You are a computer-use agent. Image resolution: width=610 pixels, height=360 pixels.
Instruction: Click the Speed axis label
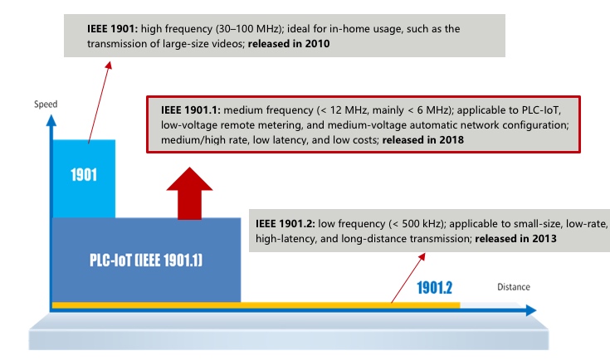click(46, 105)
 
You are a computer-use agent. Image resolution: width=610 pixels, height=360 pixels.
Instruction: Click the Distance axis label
click(513, 287)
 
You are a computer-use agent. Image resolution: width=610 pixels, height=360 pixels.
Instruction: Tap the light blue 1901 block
click(83, 176)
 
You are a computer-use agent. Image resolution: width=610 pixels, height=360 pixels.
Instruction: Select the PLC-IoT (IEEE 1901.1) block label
click(146, 260)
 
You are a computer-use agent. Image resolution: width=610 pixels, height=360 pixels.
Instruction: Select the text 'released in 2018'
click(422, 140)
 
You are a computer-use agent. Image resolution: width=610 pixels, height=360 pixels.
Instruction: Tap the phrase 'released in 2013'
click(514, 238)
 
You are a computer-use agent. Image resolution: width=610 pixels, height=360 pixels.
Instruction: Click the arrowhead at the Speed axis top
click(51, 119)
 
